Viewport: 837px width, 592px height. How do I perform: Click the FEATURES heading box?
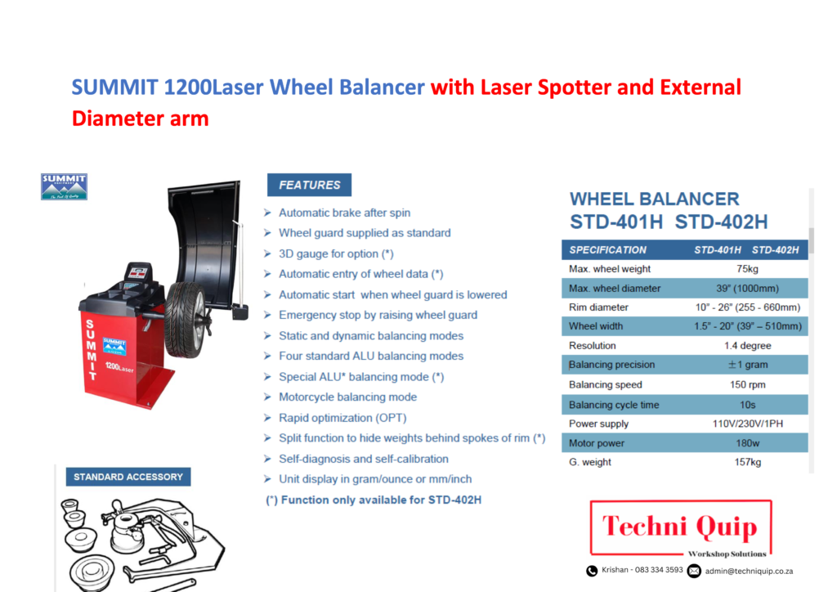[x=309, y=185]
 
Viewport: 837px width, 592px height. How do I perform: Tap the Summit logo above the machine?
[x=64, y=186]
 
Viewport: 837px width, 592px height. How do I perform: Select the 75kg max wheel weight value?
[x=747, y=269]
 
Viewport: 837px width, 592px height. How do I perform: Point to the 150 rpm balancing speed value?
[x=747, y=385]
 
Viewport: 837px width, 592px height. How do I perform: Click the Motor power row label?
[x=596, y=443]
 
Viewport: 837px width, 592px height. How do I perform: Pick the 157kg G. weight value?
[x=747, y=462]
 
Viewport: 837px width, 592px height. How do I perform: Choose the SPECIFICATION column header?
[x=607, y=250]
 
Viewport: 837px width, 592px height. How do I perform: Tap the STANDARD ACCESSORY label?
[x=128, y=477]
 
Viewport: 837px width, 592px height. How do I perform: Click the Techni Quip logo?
[x=681, y=528]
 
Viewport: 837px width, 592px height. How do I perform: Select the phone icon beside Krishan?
[x=592, y=571]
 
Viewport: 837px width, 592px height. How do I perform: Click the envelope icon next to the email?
[x=694, y=571]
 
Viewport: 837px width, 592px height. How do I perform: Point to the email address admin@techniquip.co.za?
[x=749, y=572]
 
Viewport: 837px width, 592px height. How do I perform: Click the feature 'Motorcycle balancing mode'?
[x=347, y=397]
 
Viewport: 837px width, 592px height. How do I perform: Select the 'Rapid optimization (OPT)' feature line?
[x=342, y=418]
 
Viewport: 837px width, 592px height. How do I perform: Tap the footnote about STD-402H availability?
[x=374, y=500]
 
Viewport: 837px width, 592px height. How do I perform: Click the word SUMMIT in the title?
[x=114, y=87]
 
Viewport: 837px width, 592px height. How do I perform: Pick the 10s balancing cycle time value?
[x=747, y=406]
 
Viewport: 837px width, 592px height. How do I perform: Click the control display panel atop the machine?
[x=138, y=273]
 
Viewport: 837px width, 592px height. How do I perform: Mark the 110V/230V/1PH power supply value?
[x=747, y=424]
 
